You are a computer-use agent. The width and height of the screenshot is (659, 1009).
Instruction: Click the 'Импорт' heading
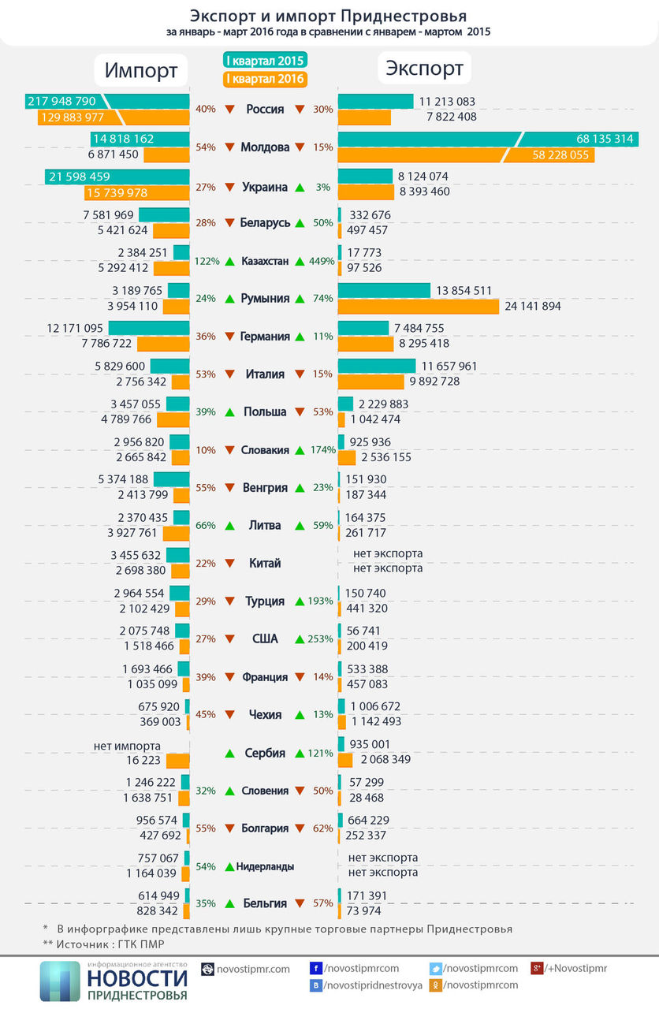[x=141, y=70]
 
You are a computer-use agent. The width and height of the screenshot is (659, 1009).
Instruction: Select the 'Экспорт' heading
[x=424, y=69]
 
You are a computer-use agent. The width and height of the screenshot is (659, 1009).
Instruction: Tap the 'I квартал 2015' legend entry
[x=266, y=61]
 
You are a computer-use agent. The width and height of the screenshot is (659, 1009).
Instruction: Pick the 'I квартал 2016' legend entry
[x=266, y=79]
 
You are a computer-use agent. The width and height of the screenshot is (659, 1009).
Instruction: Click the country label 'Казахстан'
[x=265, y=261]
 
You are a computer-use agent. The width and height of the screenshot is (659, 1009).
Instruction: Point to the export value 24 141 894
[x=532, y=306]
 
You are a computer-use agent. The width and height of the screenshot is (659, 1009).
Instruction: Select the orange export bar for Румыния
[x=419, y=307]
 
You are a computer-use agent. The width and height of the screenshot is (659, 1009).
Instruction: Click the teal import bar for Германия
[x=149, y=328]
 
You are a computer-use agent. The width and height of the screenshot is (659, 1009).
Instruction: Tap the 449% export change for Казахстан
[x=322, y=261]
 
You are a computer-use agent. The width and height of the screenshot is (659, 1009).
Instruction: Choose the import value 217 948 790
[x=61, y=101]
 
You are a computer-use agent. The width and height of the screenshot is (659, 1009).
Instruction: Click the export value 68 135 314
[x=605, y=139]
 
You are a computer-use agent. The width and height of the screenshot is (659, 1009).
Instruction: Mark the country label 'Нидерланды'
[x=265, y=866]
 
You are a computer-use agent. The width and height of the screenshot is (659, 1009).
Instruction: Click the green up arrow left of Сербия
[x=229, y=753]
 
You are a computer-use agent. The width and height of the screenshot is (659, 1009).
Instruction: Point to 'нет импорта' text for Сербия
[x=127, y=746]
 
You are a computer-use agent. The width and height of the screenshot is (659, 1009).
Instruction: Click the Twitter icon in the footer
[x=436, y=968]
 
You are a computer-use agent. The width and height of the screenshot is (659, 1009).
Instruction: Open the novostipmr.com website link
[x=253, y=969]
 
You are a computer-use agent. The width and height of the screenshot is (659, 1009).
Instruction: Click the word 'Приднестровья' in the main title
[x=404, y=17]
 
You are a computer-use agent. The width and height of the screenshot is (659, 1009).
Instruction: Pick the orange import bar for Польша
[x=173, y=420]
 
